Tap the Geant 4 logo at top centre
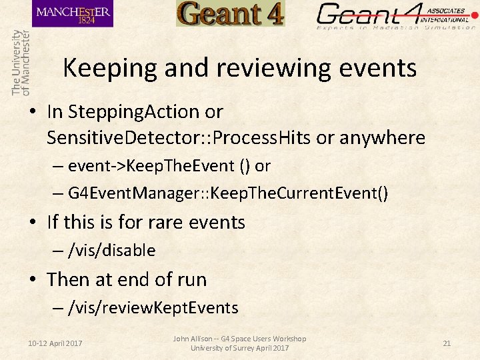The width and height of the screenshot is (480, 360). tap(230, 14)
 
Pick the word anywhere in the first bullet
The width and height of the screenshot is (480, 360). tap(382, 138)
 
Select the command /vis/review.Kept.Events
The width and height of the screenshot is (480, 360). tap(153, 307)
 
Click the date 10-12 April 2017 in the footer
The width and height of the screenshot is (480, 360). tap(55, 343)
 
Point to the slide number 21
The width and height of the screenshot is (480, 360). tap(447, 343)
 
